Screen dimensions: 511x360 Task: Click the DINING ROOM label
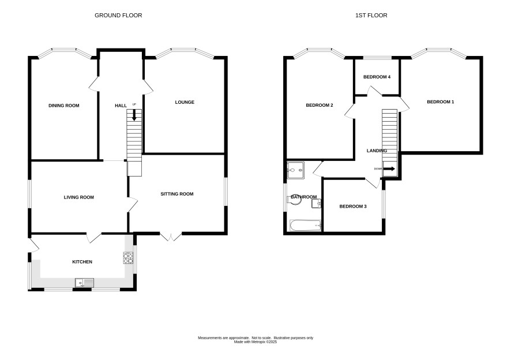64,106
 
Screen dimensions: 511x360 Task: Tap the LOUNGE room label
185,102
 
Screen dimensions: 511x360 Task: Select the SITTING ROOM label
177,194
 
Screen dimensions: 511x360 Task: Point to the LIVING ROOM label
79,197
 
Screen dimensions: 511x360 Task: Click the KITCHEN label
82,262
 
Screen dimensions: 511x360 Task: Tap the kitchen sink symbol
84,283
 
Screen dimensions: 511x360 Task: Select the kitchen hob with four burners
128,258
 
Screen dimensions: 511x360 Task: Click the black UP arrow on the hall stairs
134,115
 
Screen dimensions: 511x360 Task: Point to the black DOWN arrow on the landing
389,169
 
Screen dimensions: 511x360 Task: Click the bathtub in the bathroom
306,226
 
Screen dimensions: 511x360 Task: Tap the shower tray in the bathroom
296,170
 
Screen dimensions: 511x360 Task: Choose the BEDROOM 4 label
377,77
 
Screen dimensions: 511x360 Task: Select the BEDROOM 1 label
441,102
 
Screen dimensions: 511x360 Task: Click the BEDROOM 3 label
353,207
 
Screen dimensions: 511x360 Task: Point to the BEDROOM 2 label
320,106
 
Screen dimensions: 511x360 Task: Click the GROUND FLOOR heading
118,16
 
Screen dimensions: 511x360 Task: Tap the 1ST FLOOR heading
371,16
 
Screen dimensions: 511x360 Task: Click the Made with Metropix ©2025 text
255,342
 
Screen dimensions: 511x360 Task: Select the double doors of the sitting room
171,237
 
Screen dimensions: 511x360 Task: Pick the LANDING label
377,151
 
